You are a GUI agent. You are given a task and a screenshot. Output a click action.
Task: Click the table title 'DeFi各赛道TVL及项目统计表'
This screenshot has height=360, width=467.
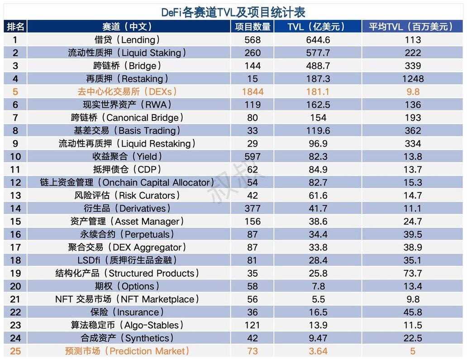click(x=233, y=12)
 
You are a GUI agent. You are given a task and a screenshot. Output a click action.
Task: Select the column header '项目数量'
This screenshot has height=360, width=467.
click(x=253, y=27)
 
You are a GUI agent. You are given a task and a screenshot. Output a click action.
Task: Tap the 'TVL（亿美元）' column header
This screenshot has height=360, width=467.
click(x=318, y=27)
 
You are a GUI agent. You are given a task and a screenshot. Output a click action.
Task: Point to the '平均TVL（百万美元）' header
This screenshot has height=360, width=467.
click(x=413, y=27)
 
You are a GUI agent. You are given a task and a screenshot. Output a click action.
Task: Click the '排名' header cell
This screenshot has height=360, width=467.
click(x=15, y=27)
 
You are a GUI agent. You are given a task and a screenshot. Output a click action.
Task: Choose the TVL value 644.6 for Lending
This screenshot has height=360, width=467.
click(x=318, y=40)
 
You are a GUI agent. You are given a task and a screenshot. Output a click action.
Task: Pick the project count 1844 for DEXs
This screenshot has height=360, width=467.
click(x=253, y=92)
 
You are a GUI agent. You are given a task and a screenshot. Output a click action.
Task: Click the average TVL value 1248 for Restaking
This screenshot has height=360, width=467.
click(x=413, y=79)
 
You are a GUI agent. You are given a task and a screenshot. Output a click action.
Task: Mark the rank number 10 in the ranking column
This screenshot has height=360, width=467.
click(x=15, y=157)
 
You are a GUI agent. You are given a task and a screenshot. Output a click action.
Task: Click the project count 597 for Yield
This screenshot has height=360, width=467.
click(x=253, y=157)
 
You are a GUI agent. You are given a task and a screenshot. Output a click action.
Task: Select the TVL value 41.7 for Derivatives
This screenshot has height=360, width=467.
click(x=318, y=208)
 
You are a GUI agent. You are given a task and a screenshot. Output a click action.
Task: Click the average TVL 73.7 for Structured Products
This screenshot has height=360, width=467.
click(x=413, y=273)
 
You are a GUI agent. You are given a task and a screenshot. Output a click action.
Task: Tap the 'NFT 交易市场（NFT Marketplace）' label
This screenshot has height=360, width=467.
click(x=127, y=299)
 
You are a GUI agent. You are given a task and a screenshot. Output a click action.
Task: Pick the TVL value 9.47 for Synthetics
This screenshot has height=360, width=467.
click(x=318, y=338)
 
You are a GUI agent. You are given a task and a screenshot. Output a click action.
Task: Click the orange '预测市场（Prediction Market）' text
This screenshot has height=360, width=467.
click(x=127, y=351)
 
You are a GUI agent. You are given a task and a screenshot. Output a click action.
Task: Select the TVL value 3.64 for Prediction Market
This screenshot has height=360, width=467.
click(x=318, y=351)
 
